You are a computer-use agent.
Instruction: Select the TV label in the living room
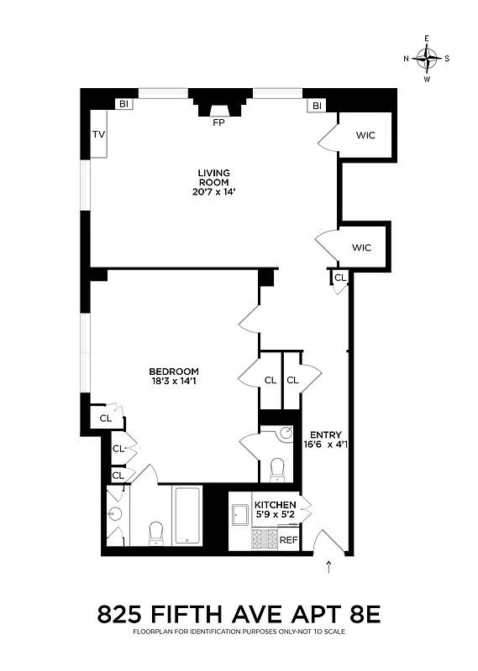click(x=98, y=135)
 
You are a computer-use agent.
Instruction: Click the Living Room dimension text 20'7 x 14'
click(x=213, y=191)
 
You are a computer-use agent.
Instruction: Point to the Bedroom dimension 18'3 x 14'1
click(x=174, y=382)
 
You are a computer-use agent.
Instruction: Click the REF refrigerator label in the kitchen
click(x=287, y=539)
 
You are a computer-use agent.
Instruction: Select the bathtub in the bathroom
click(x=186, y=515)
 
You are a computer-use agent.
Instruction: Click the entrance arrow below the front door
click(x=328, y=568)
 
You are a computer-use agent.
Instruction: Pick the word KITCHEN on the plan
click(x=276, y=505)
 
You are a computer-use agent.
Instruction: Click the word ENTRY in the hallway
click(x=325, y=434)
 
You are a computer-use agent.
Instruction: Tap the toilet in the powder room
click(x=278, y=469)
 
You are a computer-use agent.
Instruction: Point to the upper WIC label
click(x=365, y=135)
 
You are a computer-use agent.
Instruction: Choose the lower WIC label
click(x=361, y=247)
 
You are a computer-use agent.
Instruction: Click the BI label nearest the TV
click(x=123, y=105)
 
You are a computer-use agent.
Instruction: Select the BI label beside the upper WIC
click(x=318, y=106)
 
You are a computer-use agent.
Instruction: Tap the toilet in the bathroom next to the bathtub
click(x=155, y=533)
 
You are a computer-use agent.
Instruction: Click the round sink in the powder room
click(x=285, y=434)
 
